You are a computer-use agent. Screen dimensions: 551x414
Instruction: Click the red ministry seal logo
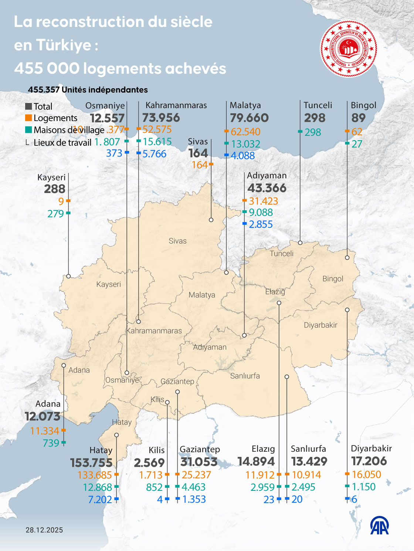coord(348,49)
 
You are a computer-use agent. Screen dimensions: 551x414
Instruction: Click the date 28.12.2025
coord(44,530)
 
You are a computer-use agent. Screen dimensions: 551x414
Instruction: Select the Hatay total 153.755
coord(91,462)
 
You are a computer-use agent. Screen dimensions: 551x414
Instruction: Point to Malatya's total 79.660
coord(249,118)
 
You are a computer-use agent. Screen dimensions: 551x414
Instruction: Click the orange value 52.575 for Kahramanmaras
coord(157,129)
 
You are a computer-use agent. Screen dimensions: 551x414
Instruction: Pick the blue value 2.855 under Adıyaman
coord(261,224)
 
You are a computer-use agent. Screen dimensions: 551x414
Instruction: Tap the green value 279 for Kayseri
coord(56,214)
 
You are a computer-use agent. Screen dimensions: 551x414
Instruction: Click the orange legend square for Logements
coord(28,118)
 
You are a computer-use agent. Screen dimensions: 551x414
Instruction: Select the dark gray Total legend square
coord(28,106)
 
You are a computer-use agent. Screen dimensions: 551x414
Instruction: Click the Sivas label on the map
coord(177,241)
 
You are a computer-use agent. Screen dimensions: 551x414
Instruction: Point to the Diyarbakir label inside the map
coord(320,325)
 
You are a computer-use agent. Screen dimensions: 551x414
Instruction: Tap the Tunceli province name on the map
coord(282,254)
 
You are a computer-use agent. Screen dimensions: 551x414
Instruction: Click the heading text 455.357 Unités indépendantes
coord(88,90)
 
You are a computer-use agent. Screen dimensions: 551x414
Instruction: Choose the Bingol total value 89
coord(358,118)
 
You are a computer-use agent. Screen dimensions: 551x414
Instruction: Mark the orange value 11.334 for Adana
coord(45,431)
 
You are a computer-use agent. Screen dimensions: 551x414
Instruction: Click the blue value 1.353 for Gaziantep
coord(194,499)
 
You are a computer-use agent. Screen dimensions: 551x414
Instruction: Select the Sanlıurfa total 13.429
coord(309,461)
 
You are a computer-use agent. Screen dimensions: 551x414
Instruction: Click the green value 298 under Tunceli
coord(313,132)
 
